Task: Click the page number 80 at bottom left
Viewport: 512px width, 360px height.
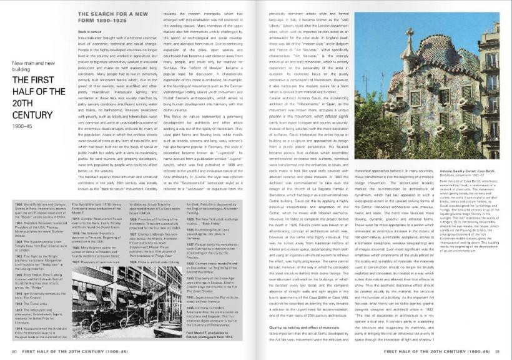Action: click(x=14, y=352)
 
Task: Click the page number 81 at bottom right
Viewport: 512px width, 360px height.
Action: click(x=497, y=352)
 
